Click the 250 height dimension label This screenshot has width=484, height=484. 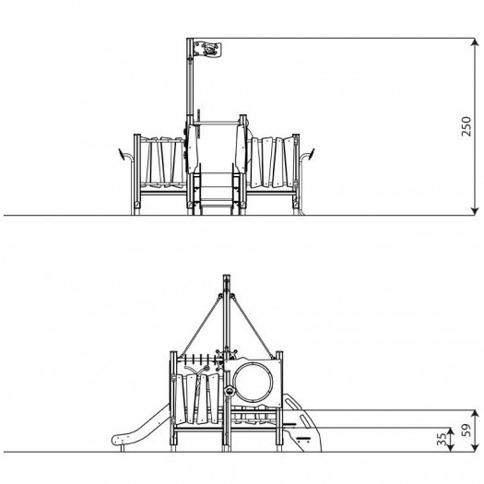pyautogui.click(x=466, y=126)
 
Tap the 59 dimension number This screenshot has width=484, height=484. pyautogui.click(x=466, y=430)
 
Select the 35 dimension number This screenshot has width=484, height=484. pyautogui.click(x=442, y=439)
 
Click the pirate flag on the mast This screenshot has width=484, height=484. pyautogui.click(x=207, y=50)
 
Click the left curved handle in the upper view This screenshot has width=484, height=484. pyautogui.click(x=125, y=155)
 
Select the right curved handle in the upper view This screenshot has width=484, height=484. pyautogui.click(x=307, y=155)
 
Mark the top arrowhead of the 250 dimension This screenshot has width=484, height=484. pyautogui.click(x=475, y=42)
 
